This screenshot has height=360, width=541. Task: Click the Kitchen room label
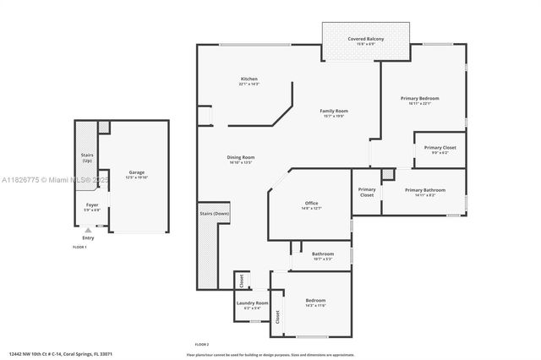(249, 79)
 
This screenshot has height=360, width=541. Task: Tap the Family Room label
(333, 111)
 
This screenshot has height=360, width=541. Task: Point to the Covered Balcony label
(366, 39)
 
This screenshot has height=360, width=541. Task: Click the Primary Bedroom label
(421, 98)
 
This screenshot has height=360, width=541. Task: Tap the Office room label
(311, 204)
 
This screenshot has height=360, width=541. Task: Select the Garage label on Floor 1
(136, 172)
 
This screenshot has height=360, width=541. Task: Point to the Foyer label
(92, 205)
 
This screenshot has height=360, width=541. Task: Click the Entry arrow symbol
(88, 229)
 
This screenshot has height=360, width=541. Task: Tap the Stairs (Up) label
(86, 157)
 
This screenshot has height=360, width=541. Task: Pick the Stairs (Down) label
(215, 214)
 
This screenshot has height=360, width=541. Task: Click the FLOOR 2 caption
(202, 345)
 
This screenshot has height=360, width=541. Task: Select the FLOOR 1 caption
(79, 247)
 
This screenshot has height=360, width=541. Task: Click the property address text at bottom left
(60, 354)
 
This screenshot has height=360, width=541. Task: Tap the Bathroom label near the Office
(322, 254)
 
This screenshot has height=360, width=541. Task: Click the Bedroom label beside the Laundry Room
(315, 300)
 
